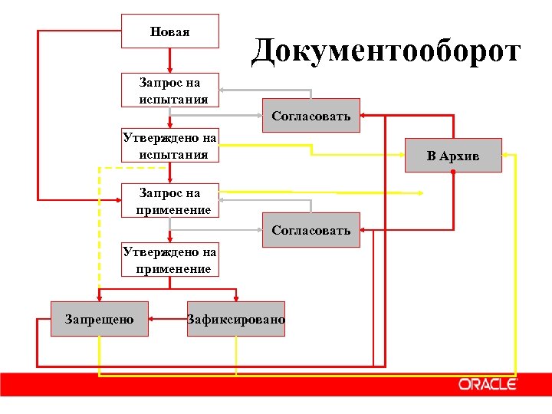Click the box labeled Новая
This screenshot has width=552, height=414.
pos(170,31)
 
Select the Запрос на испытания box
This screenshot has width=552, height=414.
pos(170,90)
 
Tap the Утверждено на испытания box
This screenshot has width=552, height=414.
pos(170,146)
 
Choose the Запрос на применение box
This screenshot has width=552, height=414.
pos(170,201)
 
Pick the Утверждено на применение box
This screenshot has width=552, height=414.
pos(170,260)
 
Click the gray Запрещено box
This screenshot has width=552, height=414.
pos(99,319)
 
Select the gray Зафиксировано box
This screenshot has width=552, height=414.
pos(236,319)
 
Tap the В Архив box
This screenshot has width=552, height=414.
pos(453,156)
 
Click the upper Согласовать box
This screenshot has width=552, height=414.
pos(310,116)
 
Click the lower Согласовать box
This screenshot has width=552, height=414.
pos(310,230)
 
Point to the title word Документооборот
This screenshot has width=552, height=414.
pos(386,51)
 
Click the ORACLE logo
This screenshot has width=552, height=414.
pos(488,384)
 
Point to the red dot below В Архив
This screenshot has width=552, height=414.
pos(453,173)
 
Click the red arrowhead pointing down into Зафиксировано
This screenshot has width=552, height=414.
pos(236,297)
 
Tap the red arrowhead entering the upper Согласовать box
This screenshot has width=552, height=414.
pos(365,116)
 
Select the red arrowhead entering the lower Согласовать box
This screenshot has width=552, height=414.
pos(365,230)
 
